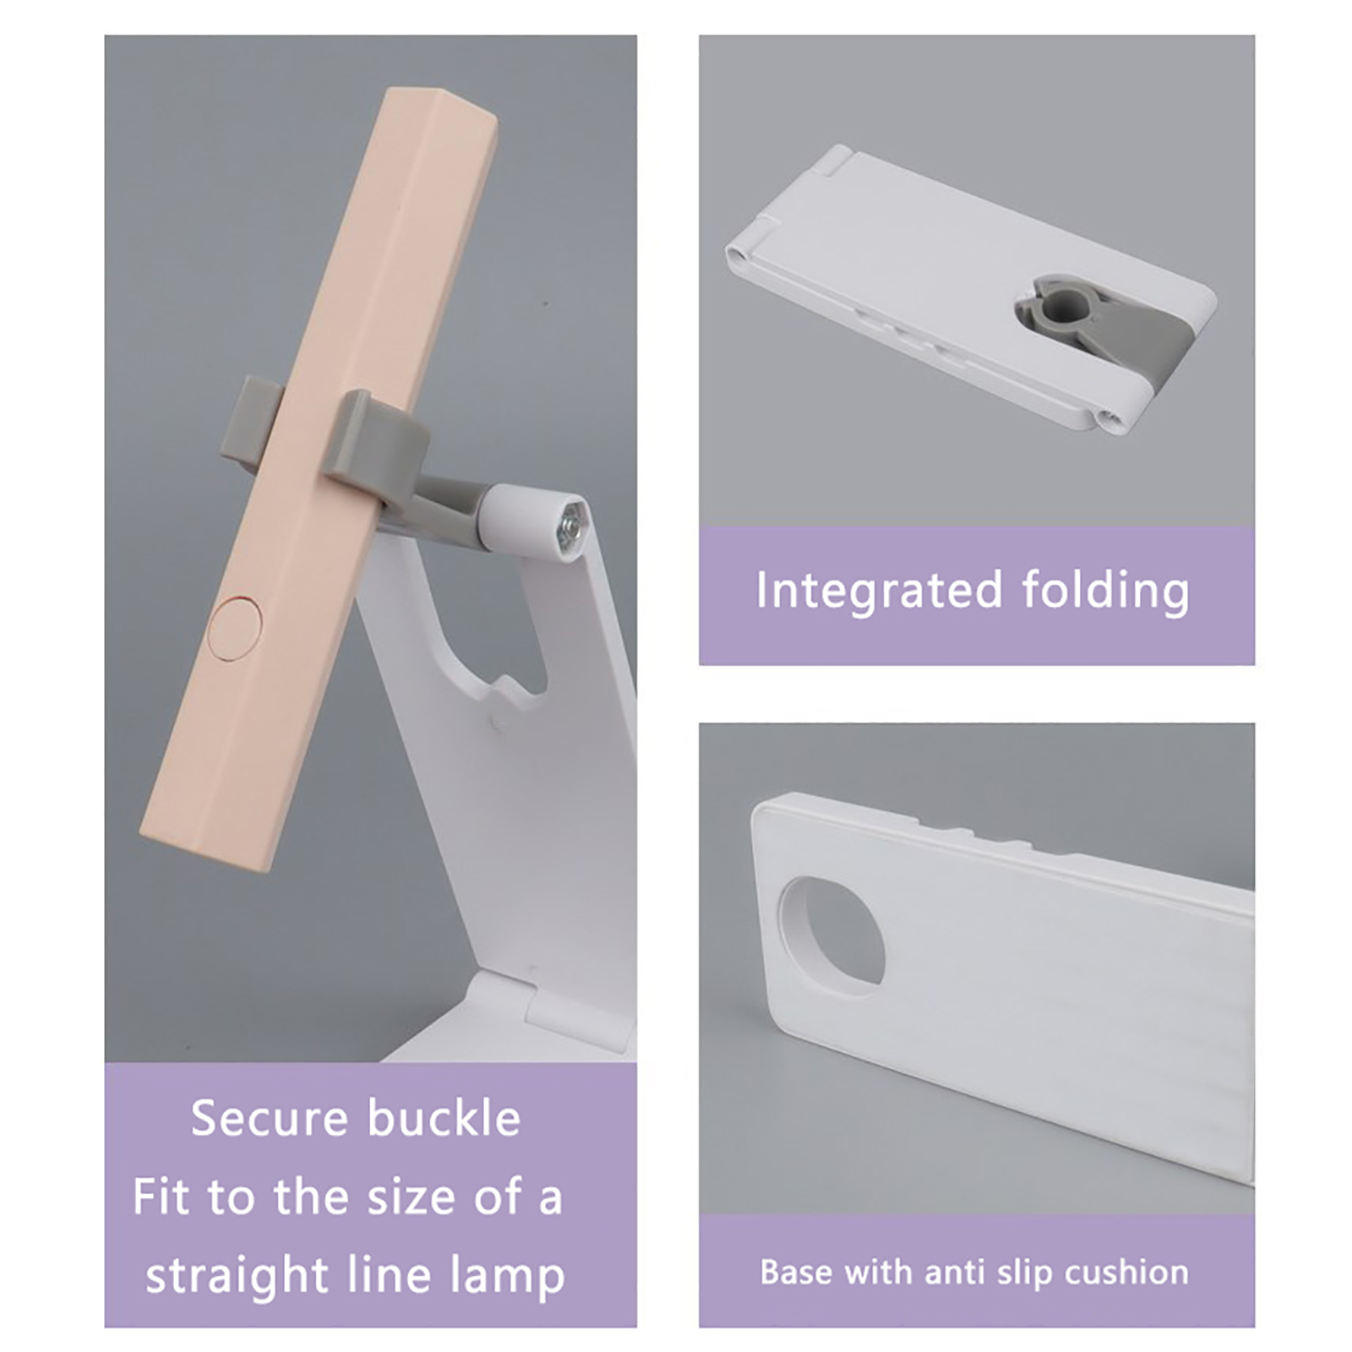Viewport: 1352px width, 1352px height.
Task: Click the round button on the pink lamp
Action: tap(235, 627)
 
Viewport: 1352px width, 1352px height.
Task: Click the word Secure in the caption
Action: tap(270, 1119)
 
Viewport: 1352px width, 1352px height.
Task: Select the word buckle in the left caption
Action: tap(444, 1118)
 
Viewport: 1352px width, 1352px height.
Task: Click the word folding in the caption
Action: tap(1105, 591)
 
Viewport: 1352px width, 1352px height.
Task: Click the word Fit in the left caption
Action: tap(161, 1197)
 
